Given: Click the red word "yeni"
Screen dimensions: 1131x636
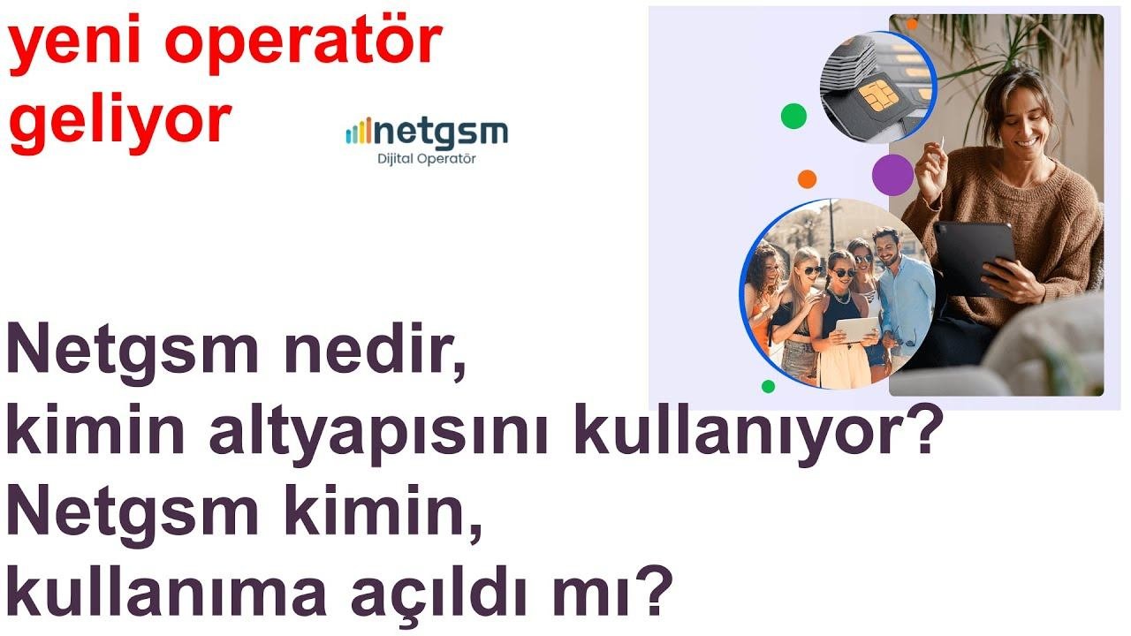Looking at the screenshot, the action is pyautogui.click(x=75, y=44).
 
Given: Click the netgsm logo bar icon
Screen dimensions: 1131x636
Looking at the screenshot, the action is pyautogui.click(x=359, y=132).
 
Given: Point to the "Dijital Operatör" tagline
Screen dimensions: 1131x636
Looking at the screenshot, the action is pyautogui.click(x=427, y=159).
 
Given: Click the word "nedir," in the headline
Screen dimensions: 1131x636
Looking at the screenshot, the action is pyautogui.click(x=375, y=349).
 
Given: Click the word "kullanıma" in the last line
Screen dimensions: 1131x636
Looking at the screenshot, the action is pyautogui.click(x=166, y=590).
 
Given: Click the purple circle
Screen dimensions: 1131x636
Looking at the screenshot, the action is pyautogui.click(x=892, y=175).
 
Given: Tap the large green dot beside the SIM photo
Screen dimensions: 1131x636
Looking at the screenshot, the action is pyautogui.click(x=793, y=116).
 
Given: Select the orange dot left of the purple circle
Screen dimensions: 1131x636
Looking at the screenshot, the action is pyautogui.click(x=807, y=179).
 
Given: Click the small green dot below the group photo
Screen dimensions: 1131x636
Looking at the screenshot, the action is pyautogui.click(x=768, y=387).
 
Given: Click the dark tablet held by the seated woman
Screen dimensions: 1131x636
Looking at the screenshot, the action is pyautogui.click(x=974, y=257).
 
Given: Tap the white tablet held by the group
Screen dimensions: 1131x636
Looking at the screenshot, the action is pyautogui.click(x=858, y=329).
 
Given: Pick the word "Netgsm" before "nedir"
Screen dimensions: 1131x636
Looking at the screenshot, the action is pyautogui.click(x=133, y=349).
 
